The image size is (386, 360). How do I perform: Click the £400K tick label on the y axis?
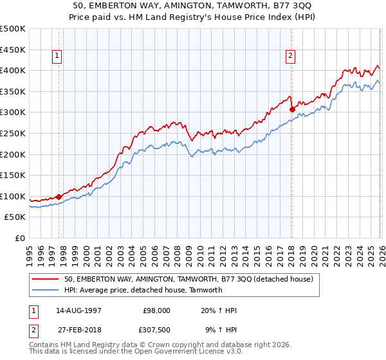(13, 70)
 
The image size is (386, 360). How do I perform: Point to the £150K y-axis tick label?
(13, 175)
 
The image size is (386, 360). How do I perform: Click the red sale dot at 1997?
(59, 197)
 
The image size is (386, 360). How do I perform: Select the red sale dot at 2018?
(292, 109)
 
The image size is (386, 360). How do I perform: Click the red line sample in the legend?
(46, 280)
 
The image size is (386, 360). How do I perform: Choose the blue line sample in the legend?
(46, 290)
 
